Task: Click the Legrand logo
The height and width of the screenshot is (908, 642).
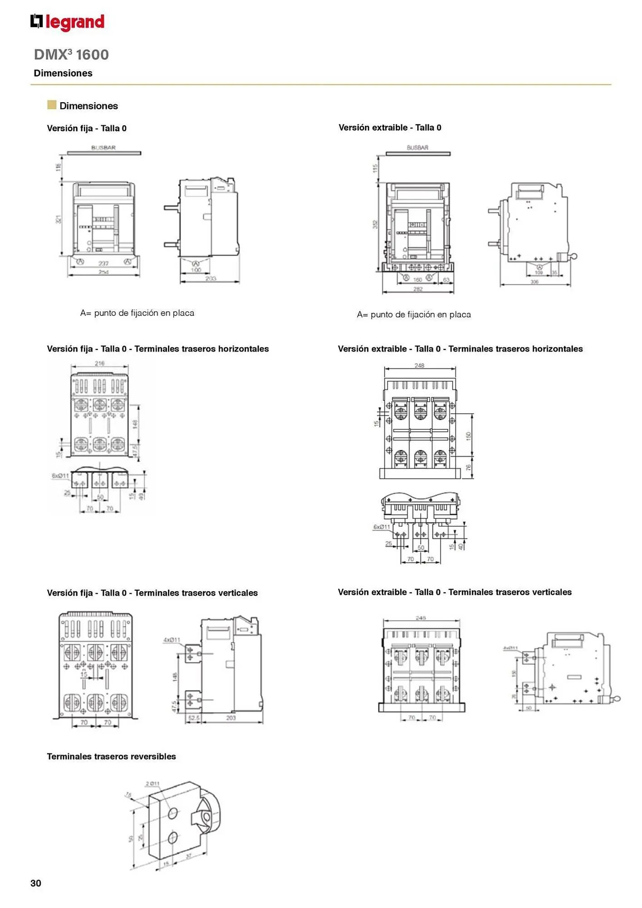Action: point(67,22)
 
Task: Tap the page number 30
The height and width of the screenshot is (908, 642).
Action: point(36,883)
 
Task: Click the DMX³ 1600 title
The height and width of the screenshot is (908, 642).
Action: point(71,54)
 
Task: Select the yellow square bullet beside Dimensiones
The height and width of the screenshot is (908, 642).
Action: point(52,105)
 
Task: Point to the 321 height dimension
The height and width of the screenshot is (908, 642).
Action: point(59,219)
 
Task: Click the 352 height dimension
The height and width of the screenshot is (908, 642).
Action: point(375,224)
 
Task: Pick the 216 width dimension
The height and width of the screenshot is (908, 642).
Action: point(99,363)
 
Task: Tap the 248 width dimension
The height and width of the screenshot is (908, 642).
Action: point(419,365)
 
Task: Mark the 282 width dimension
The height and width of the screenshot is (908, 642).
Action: point(418,289)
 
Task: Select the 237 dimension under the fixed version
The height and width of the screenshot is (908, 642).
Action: point(104,263)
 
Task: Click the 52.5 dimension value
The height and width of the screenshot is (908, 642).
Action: point(194,718)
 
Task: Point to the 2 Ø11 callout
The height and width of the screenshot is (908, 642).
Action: point(153,783)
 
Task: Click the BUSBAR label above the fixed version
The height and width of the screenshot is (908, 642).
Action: point(104,148)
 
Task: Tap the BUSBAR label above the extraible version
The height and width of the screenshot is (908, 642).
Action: point(417,148)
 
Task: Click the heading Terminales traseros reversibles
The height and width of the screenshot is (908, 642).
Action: point(111,756)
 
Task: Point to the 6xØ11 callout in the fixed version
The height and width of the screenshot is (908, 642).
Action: point(60,476)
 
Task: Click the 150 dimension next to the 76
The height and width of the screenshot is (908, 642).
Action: point(469,435)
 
